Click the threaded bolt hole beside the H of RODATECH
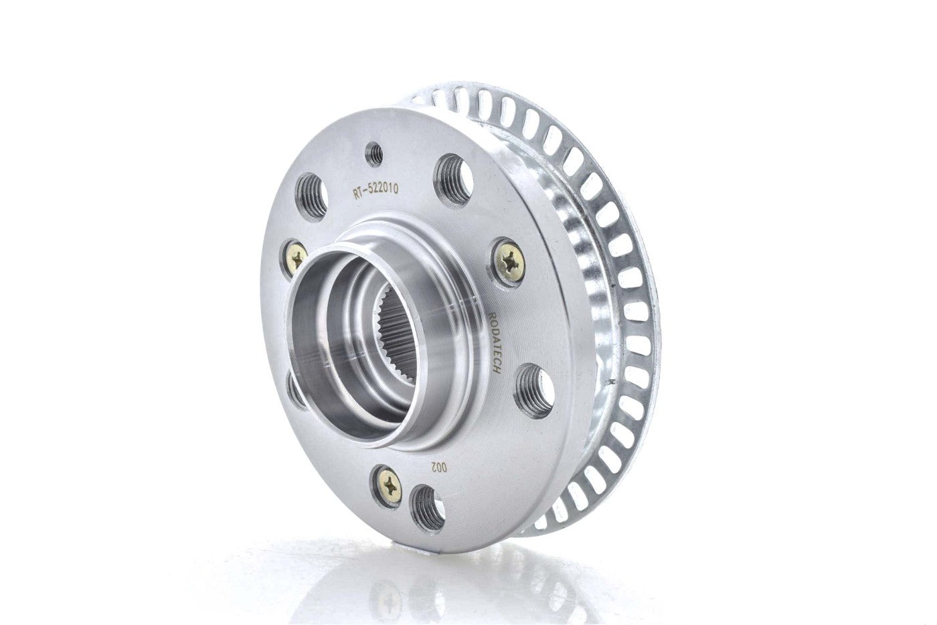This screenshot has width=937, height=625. pos(534,388)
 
